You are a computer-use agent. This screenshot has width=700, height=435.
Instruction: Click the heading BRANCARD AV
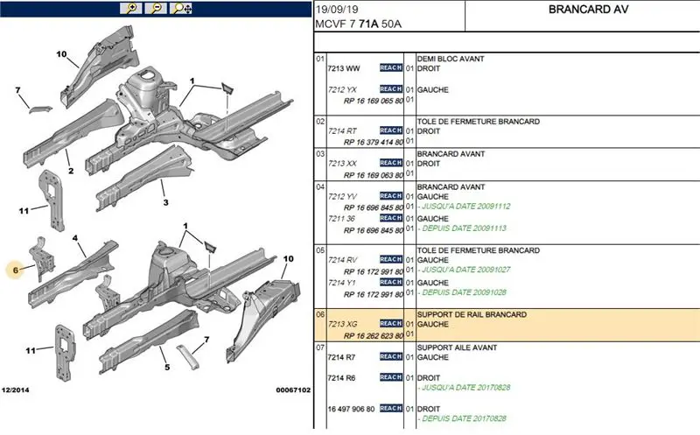pyautogui.click(x=582, y=11)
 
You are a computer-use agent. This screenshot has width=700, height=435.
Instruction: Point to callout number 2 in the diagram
pyautogui.click(x=70, y=172)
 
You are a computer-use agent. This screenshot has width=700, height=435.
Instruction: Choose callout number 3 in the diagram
pyautogui.click(x=165, y=203)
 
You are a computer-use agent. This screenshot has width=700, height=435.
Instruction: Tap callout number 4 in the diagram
pyautogui.click(x=76, y=238)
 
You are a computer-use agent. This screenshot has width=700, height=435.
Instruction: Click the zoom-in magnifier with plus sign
pyautogui.click(x=131, y=9)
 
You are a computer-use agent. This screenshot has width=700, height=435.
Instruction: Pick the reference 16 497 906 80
pyautogui.click(x=352, y=408)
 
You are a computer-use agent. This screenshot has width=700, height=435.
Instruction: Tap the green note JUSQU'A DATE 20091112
pyautogui.click(x=464, y=207)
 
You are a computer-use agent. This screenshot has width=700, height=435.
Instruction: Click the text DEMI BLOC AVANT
pyautogui.click(x=451, y=59)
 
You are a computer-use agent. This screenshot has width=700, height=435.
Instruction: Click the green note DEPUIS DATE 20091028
pyautogui.click(x=464, y=292)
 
